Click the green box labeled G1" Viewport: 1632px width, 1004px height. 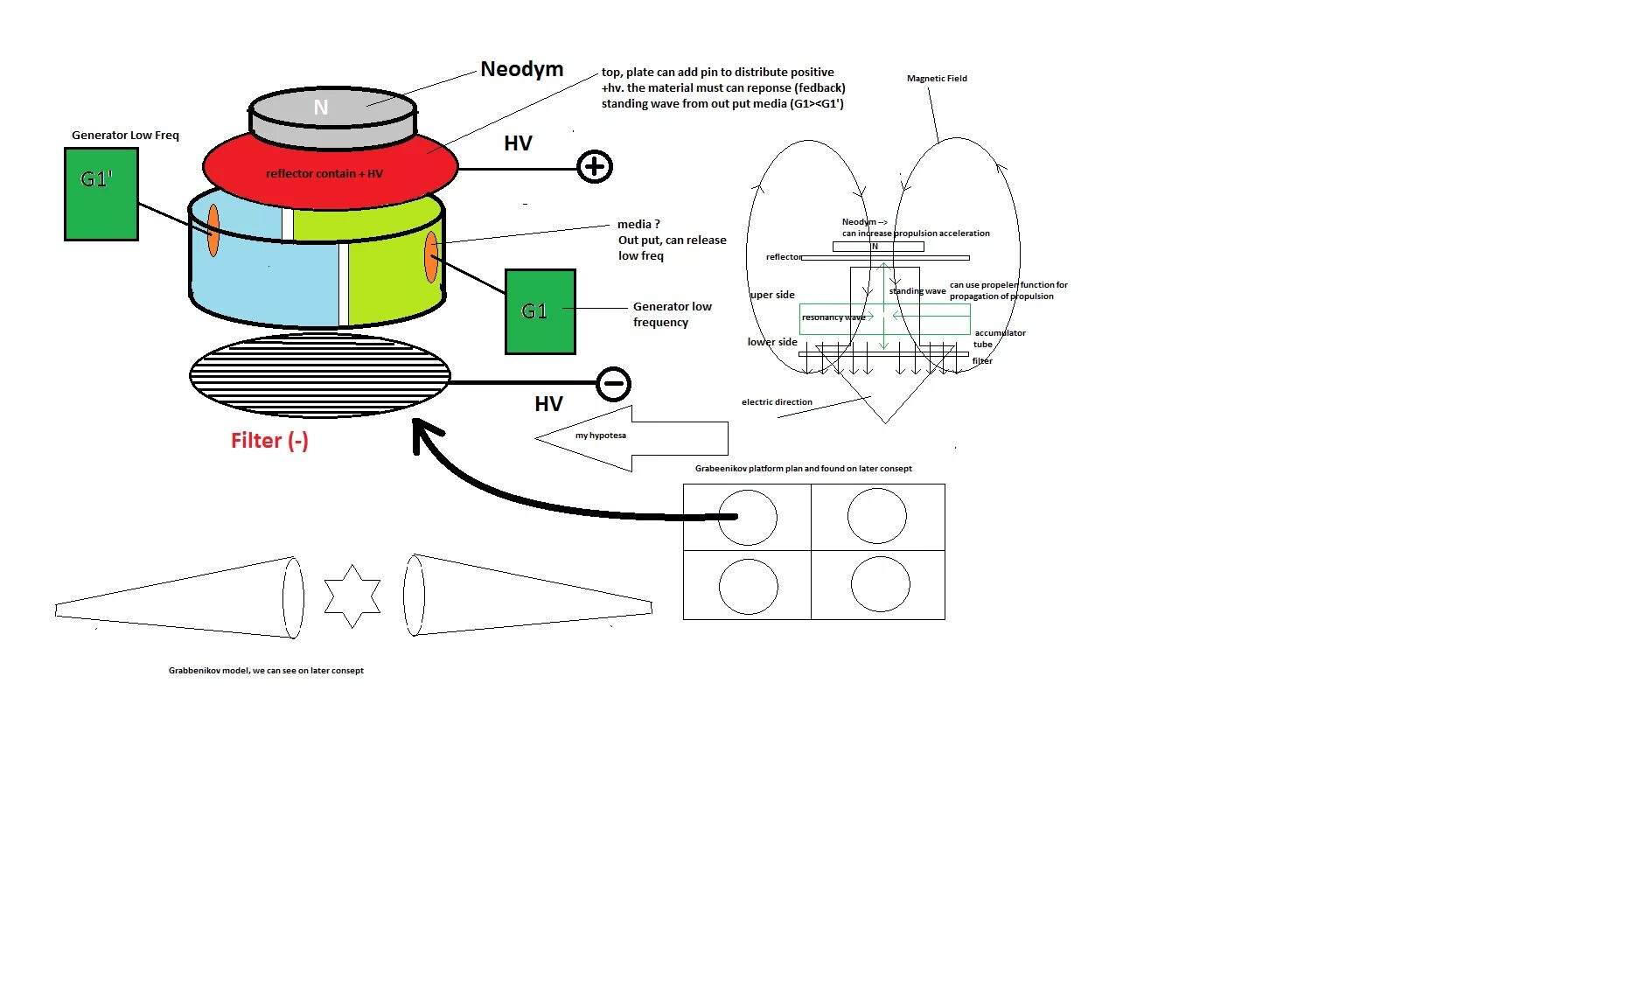coord(101,193)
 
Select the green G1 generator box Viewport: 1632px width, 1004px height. coord(540,311)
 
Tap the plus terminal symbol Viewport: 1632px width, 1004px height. coord(595,166)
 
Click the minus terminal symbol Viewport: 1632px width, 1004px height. coord(613,383)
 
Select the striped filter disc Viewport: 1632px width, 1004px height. coord(320,375)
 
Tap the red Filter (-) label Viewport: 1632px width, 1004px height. coord(269,441)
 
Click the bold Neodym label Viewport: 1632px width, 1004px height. coord(522,69)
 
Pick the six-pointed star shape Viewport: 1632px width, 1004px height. coord(352,595)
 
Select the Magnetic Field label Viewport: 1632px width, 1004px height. coord(937,79)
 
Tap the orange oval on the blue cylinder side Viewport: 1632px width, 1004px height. coord(213,230)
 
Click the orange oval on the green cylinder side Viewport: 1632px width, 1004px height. coord(431,256)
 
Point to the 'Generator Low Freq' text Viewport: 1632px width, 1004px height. coord(125,136)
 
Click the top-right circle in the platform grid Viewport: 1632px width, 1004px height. coord(877,516)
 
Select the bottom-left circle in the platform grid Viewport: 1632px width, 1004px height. coord(748,586)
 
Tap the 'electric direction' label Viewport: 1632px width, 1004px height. coord(777,402)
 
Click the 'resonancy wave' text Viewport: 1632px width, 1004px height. coord(833,317)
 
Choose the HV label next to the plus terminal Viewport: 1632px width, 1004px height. coord(518,143)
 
